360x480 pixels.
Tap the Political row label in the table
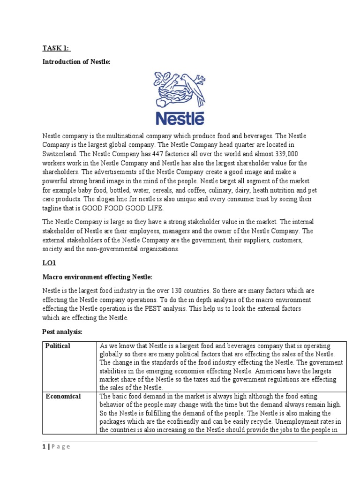(58, 346)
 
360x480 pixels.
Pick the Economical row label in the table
(63, 397)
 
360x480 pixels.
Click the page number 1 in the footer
(44, 447)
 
